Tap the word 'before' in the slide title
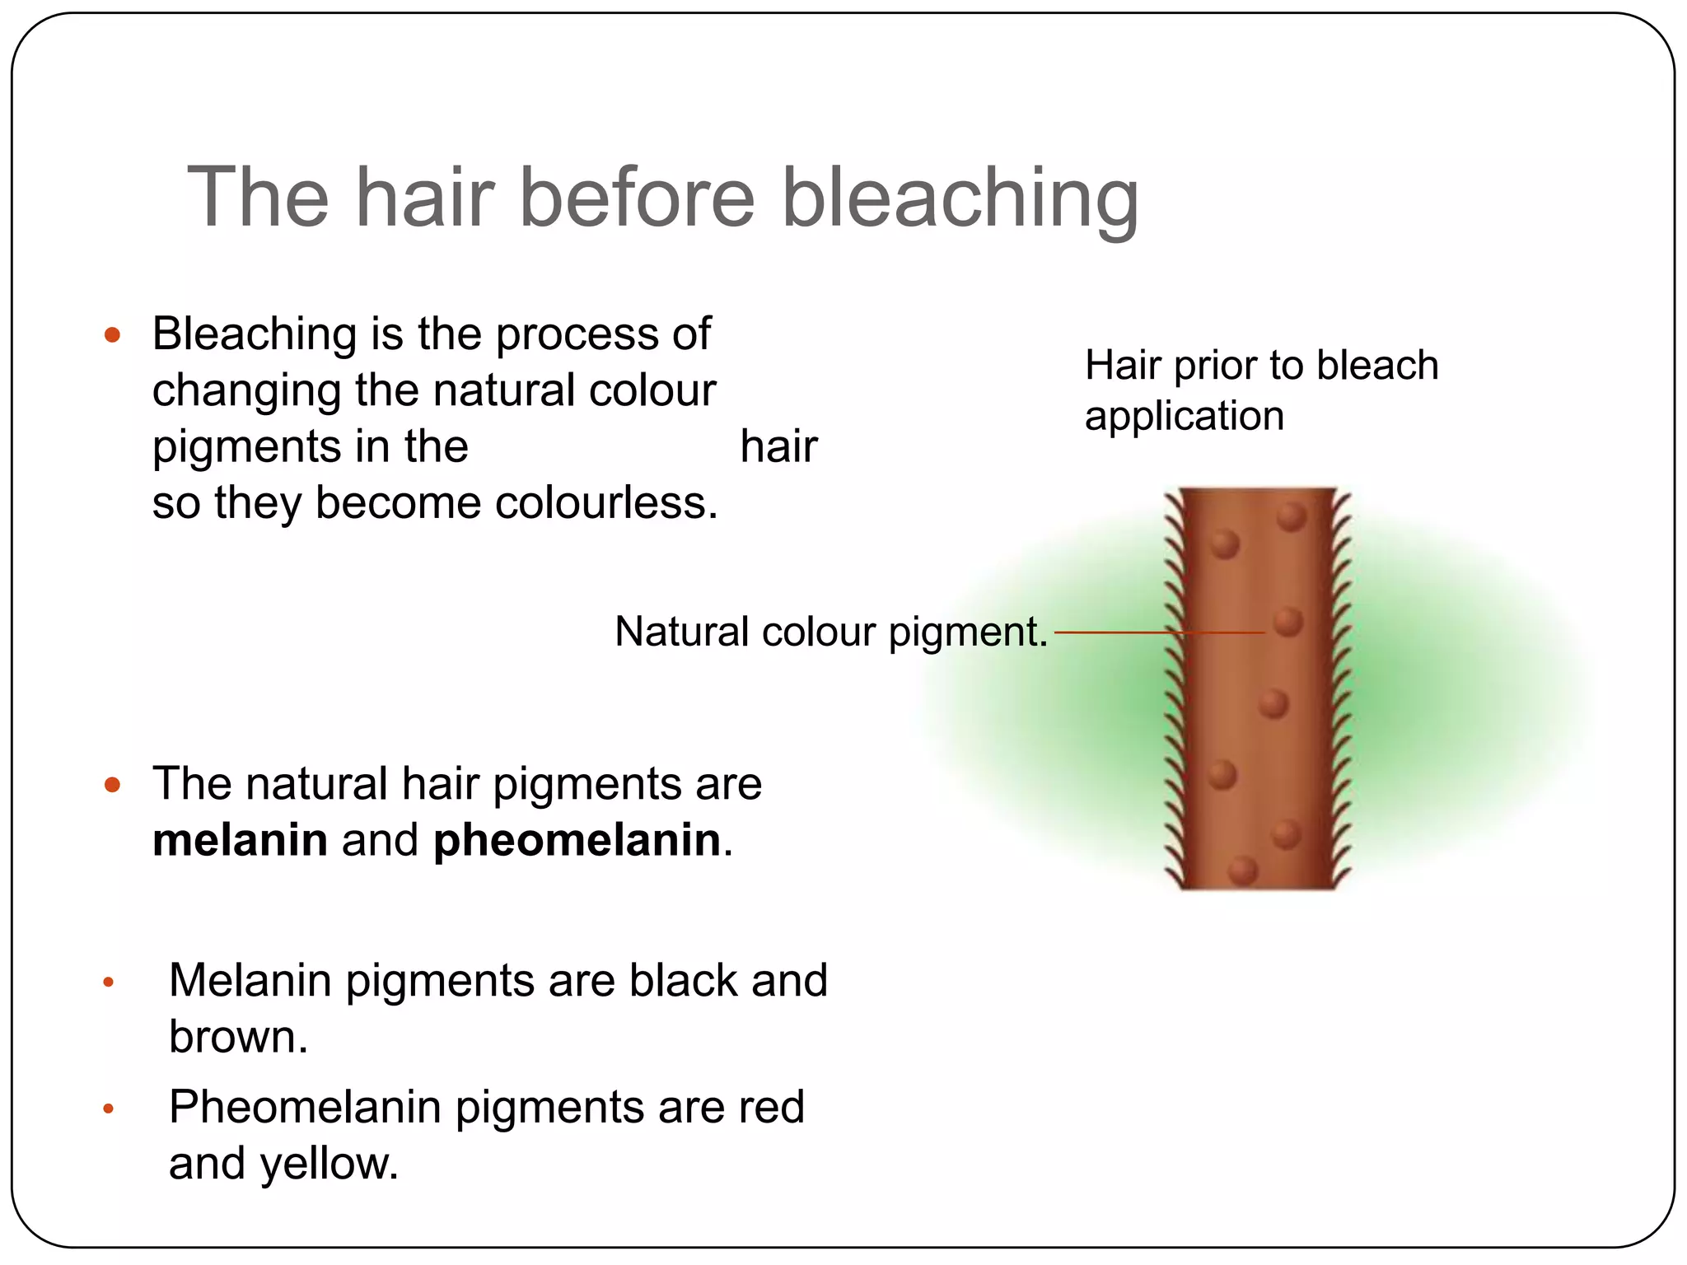(636, 198)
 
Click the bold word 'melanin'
(240, 841)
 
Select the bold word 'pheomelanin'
(577, 841)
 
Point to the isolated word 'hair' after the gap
(778, 447)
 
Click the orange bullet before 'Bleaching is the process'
(113, 335)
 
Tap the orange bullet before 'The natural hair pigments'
(113, 784)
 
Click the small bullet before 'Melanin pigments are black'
(108, 982)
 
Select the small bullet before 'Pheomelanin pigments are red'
(108, 1109)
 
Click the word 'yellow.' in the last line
(329, 1164)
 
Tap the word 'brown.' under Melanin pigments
(238, 1037)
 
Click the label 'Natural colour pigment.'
(830, 632)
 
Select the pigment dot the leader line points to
(1288, 623)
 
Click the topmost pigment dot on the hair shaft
(1291, 517)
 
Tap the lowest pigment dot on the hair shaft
(1242, 870)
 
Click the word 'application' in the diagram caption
(1184, 416)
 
